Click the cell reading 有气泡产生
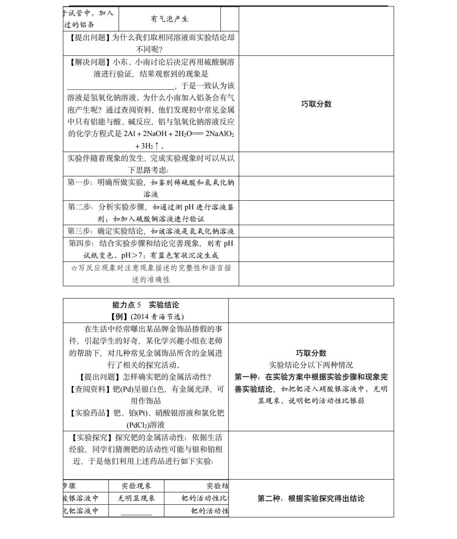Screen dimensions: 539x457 pos(169,19)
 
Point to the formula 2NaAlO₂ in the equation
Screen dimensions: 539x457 pos(220,134)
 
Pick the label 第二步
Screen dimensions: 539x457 pos(79,207)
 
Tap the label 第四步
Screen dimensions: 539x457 pos(79,243)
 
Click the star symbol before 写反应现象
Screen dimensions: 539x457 pos(74,268)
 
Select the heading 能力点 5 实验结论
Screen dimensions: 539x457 pos(146,305)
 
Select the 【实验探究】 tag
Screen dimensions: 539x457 pos(91,437)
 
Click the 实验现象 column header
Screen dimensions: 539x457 pos(136,486)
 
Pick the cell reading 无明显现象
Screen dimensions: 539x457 pos(136,498)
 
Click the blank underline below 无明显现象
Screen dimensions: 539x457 pos(136,514)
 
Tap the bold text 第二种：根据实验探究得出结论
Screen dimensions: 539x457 pos(311,498)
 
